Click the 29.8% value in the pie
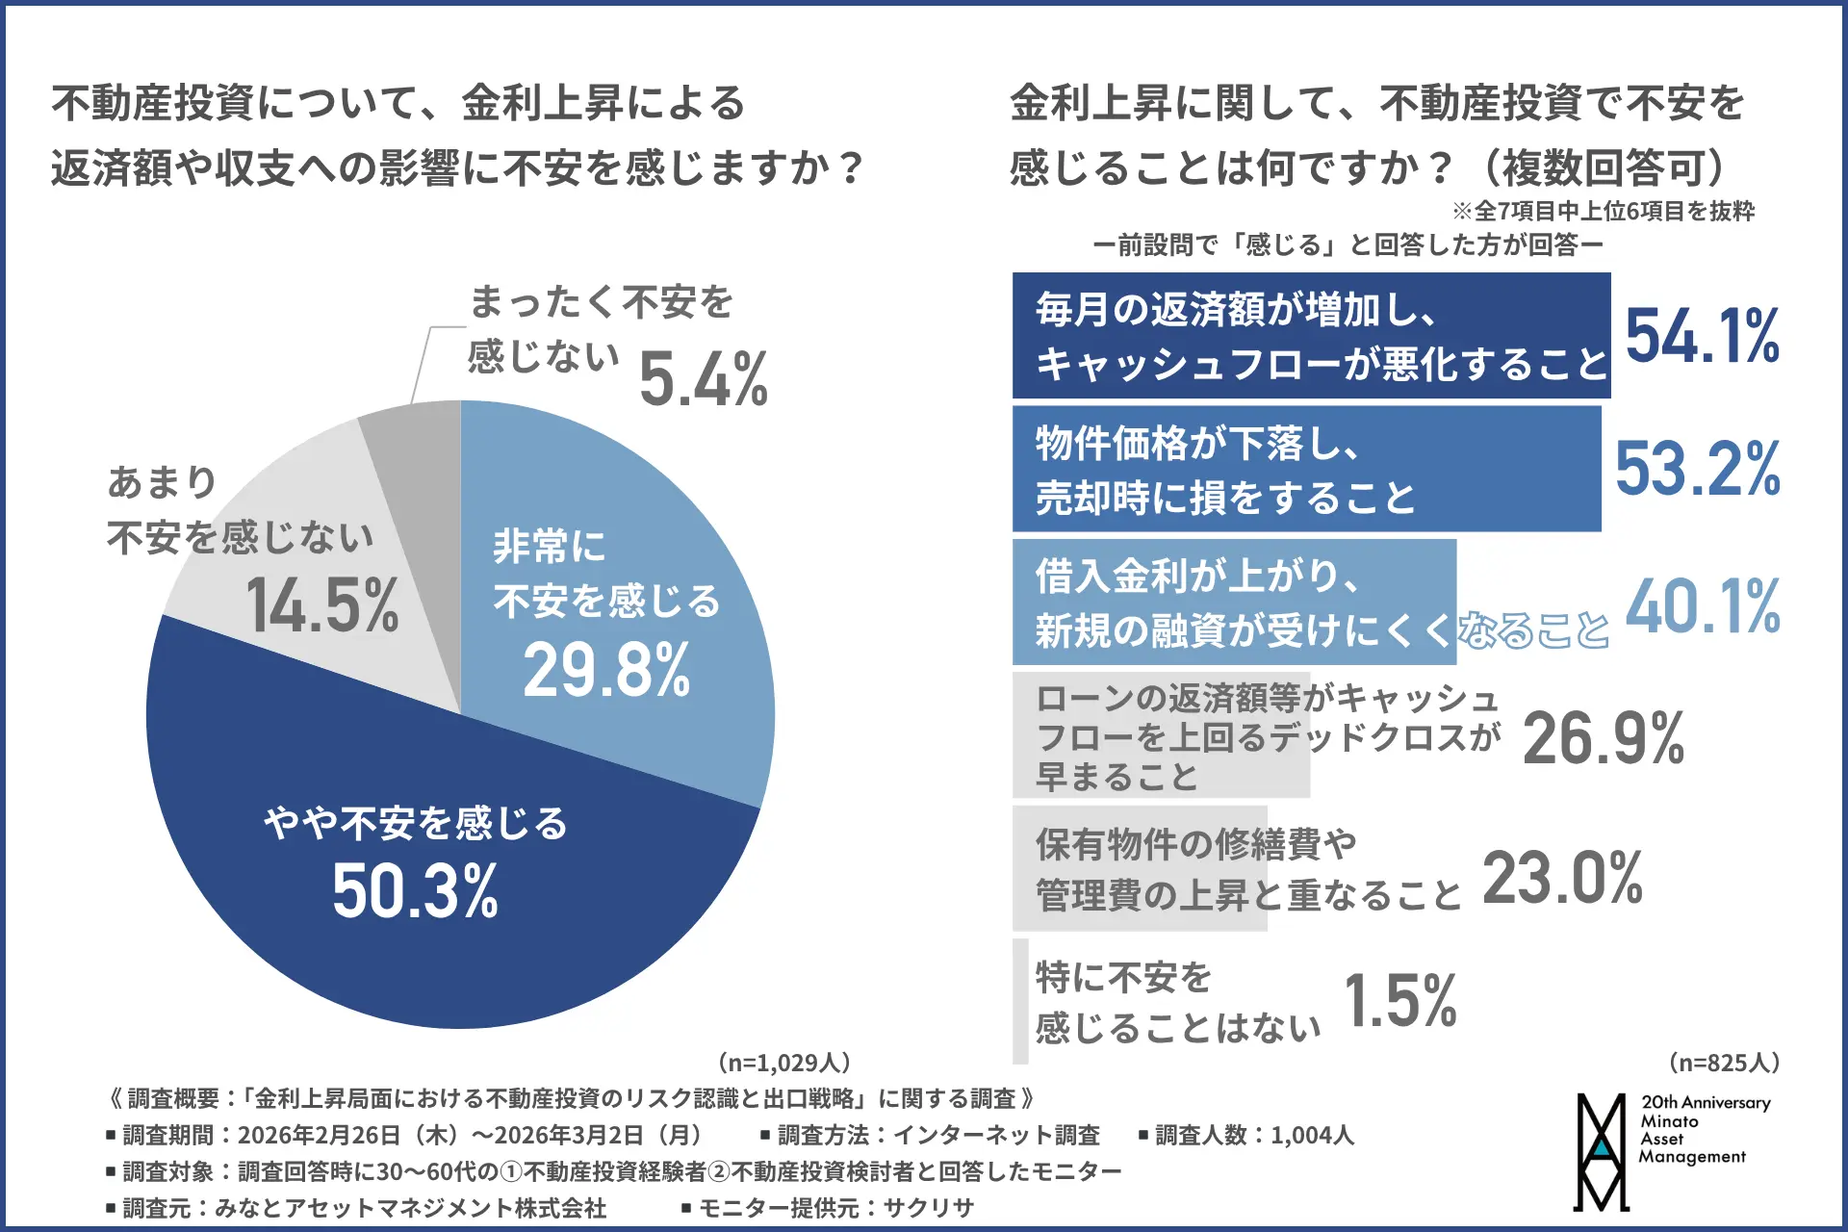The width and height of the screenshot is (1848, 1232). [606, 670]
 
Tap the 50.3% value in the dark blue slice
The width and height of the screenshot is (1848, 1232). [415, 891]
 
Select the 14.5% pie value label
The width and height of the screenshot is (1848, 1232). [322, 606]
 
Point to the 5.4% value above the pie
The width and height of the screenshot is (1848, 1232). [703, 379]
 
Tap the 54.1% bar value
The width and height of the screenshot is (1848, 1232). [1702, 336]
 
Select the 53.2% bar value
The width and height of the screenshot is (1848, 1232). [1697, 470]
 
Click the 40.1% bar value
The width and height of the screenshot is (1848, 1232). [1702, 606]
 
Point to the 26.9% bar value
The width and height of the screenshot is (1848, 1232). [1604, 739]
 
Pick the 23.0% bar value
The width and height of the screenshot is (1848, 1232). [1562, 878]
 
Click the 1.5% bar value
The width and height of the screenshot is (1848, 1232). [1399, 1001]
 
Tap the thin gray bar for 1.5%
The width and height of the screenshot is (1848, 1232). [1020, 1001]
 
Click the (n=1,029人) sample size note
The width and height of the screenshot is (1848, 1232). [783, 1063]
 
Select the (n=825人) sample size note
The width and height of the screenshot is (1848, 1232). [1723, 1063]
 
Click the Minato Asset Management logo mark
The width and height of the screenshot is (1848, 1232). [1602, 1151]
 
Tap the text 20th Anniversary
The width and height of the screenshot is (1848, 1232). [1706, 1103]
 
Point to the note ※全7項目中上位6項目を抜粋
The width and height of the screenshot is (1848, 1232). [1604, 211]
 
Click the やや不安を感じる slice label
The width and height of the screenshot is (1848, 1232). [416, 824]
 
